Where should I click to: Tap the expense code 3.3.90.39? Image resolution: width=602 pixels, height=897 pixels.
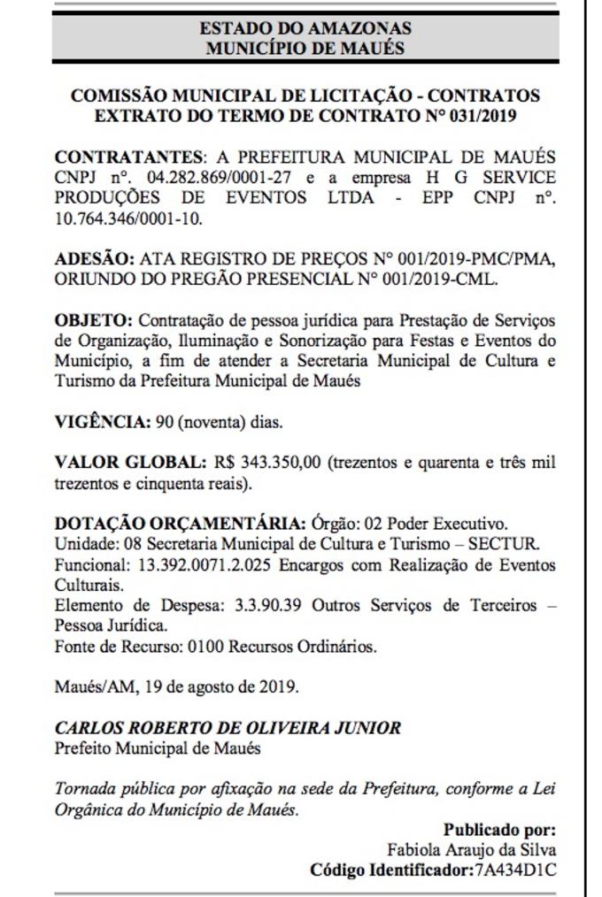pos(270,606)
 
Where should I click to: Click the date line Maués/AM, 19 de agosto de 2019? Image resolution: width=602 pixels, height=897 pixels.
pos(176,687)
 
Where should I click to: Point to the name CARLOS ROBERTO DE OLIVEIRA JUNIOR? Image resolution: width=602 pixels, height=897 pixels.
pos(228,729)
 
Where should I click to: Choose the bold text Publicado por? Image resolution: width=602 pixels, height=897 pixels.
pos(499,831)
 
